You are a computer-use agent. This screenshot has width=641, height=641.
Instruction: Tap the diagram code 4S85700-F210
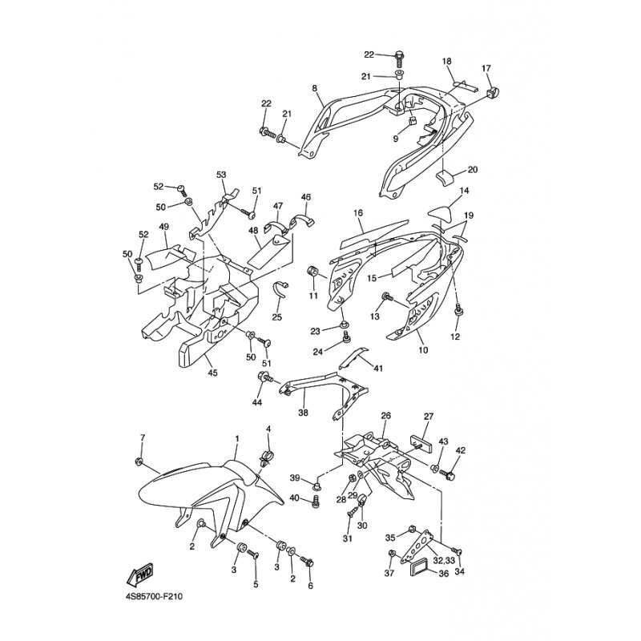pos(154,597)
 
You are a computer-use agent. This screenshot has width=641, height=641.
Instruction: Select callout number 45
pos(212,373)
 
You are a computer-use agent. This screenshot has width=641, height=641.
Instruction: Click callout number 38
pos(303,413)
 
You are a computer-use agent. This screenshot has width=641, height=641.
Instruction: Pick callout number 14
pos(464,191)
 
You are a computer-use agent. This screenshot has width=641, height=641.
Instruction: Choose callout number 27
pos(428,417)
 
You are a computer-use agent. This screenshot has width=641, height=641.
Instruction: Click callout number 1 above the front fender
pos(236,438)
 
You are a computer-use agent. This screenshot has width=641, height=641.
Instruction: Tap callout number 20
pos(472,169)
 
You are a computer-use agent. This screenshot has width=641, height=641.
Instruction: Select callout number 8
pos(314,88)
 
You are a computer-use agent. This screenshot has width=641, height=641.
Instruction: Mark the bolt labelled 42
pos(448,474)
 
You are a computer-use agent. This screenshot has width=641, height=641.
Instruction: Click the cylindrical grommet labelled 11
pos(313,272)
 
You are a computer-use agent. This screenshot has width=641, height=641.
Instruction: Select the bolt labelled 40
pos(315,500)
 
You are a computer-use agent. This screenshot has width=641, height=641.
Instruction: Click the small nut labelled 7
pos(139,462)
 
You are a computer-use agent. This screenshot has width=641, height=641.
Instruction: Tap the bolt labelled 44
pos(266,377)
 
